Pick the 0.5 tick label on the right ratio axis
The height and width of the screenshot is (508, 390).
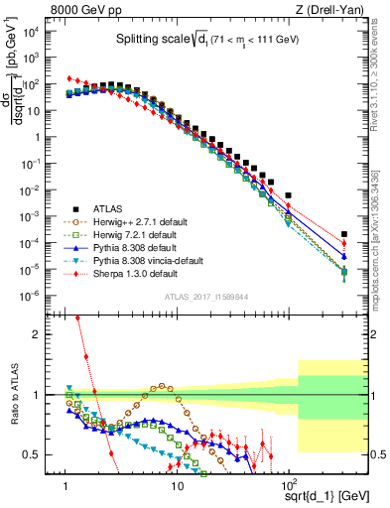tap(375, 455)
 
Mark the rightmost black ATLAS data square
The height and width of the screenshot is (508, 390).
tap(343, 235)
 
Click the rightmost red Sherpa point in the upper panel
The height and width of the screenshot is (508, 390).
tap(343, 244)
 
